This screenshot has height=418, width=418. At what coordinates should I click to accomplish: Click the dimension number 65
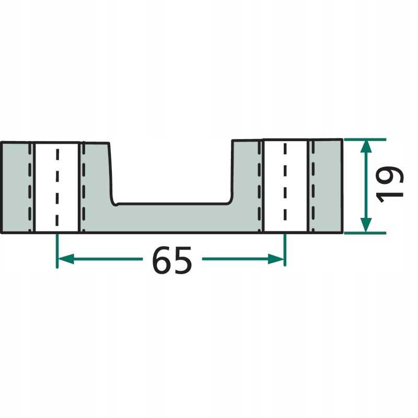[x=172, y=260]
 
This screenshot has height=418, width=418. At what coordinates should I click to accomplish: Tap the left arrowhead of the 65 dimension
[x=66, y=259]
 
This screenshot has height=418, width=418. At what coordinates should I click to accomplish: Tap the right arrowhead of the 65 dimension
[x=276, y=259]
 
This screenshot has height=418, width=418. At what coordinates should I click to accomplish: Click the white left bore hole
[x=57, y=188]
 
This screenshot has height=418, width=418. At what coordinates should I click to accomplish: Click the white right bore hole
[x=285, y=186]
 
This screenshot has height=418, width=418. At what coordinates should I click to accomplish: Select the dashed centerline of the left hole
[x=57, y=188]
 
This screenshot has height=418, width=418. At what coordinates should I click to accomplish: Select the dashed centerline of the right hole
[x=285, y=182]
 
